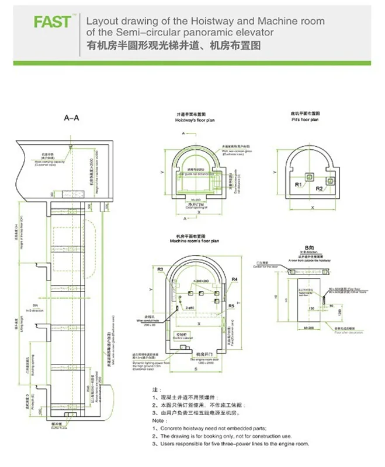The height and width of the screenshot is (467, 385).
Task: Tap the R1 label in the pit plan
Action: pos(297,185)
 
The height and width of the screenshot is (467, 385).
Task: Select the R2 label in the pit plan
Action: pos(320,189)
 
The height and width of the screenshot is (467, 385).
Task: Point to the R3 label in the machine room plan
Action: pos(159,269)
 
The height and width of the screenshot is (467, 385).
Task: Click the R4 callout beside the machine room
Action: pos(235,280)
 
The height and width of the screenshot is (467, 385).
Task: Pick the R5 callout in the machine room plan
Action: pos(231,305)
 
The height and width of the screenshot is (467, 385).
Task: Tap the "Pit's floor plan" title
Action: pos(305,120)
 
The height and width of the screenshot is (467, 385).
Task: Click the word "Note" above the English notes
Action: pos(156,420)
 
